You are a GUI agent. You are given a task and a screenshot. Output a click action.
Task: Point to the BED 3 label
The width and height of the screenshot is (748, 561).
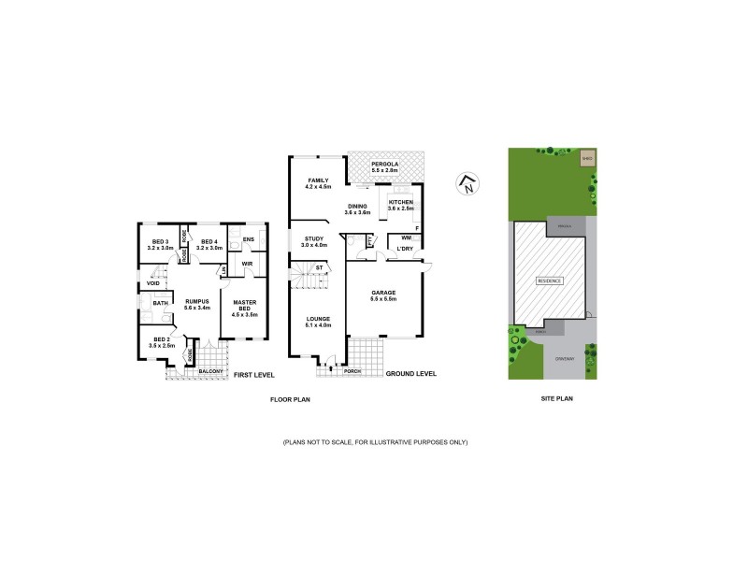158,245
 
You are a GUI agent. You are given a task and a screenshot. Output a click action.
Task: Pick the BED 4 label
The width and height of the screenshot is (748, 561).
209,245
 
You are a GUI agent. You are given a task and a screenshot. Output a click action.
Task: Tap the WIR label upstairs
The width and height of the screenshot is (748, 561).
248,264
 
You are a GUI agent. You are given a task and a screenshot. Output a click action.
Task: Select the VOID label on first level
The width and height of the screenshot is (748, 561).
152,283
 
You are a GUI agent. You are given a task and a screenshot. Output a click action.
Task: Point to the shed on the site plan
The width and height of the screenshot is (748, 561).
586,159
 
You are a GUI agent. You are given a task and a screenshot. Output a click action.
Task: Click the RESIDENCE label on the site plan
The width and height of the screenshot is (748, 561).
550,280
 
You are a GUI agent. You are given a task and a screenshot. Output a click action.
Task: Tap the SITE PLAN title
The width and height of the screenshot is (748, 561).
556,398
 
